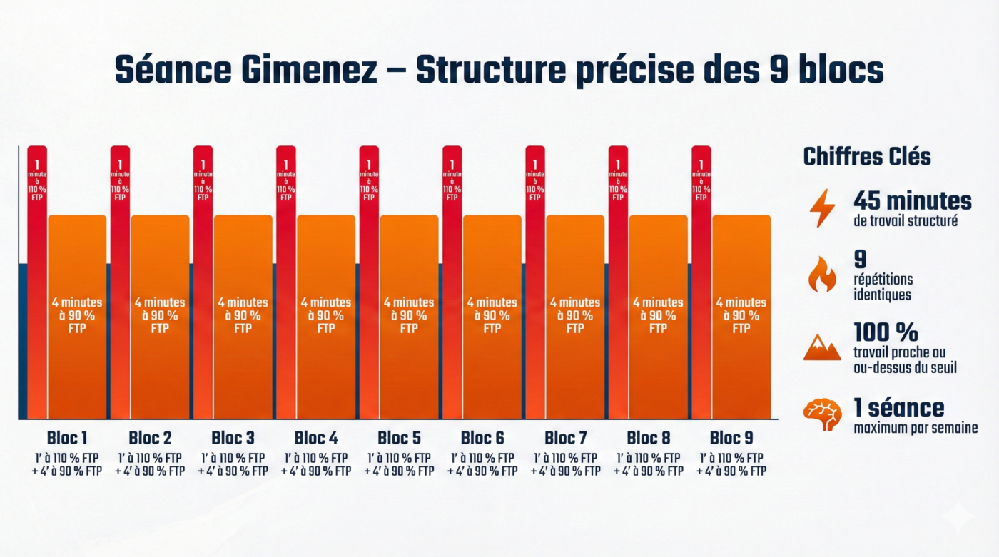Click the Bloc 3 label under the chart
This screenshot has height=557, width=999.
click(x=233, y=437)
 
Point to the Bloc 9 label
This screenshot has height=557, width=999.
click(x=731, y=437)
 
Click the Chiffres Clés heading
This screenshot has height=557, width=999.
click(x=867, y=156)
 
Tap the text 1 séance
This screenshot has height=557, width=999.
click(x=898, y=408)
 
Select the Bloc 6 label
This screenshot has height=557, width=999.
click(x=482, y=437)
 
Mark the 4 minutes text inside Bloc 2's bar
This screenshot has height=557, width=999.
click(x=160, y=302)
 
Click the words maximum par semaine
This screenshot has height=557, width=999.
click(x=915, y=428)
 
